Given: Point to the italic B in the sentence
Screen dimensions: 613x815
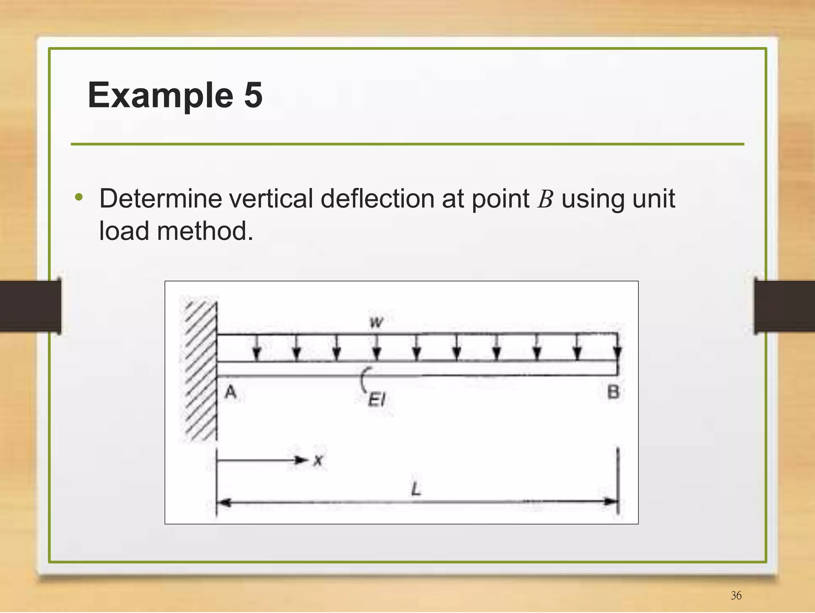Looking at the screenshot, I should (x=545, y=199).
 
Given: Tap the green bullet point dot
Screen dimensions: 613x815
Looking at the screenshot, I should (x=79, y=197).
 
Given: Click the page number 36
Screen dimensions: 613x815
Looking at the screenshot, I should (x=736, y=595).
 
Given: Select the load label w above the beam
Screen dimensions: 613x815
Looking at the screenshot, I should (x=376, y=322).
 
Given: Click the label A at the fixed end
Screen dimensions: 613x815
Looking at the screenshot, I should (x=231, y=393).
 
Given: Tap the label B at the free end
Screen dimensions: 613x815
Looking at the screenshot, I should (x=613, y=392).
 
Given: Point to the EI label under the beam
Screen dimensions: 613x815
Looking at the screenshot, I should (x=376, y=400).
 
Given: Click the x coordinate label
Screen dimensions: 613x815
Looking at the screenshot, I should (x=318, y=461).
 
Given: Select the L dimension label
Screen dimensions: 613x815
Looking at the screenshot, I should (x=416, y=489).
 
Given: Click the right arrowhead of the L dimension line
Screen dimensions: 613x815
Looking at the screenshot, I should (x=611, y=501).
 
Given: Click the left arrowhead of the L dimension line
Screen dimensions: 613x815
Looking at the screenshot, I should (x=224, y=502).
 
